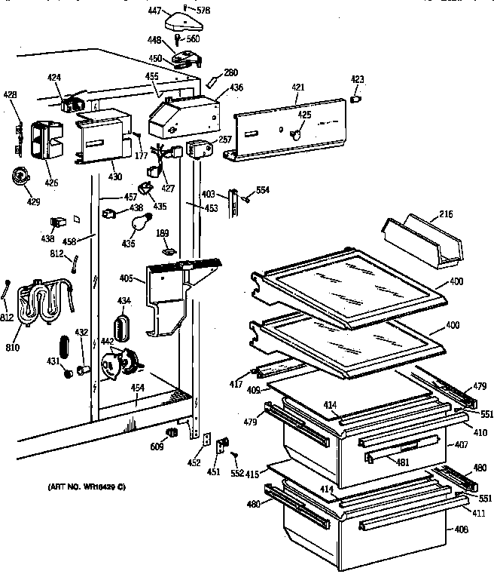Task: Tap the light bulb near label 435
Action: pos(138,223)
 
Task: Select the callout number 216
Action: pos(446,216)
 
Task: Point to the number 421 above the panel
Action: pos(298,88)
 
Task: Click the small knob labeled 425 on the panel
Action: pos(296,134)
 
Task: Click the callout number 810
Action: pos(12,348)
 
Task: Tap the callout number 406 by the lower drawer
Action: pos(461,529)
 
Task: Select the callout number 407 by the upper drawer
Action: pos(461,445)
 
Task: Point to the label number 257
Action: pos(225,140)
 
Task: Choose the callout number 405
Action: pos(126,279)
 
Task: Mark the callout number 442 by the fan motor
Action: pos(107,342)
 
